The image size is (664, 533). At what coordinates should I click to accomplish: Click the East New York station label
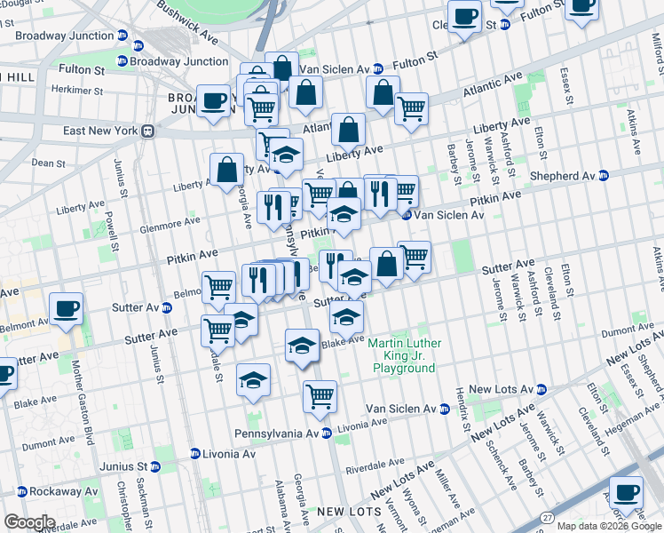[x=100, y=131]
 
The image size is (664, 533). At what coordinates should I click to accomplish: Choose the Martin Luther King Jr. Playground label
[x=404, y=355]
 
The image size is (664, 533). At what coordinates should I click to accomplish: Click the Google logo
[x=28, y=522]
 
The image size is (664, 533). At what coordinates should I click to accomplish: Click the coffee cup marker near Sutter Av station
[x=67, y=309]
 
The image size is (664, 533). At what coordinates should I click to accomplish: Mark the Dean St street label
[x=48, y=163]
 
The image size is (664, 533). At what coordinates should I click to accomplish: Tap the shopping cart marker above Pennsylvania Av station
[x=320, y=396]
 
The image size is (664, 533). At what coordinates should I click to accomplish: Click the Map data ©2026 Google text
[x=608, y=525]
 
